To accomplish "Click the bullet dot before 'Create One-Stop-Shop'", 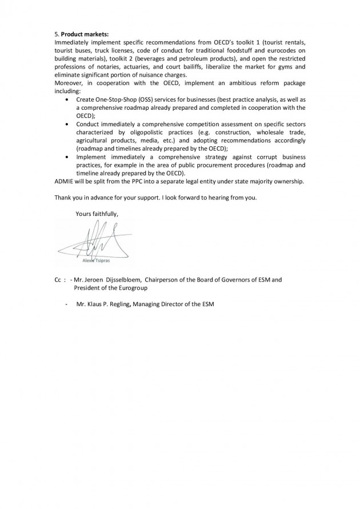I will pyautogui.click(x=69, y=99).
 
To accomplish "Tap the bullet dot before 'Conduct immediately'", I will pyautogui.click(x=69, y=123).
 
